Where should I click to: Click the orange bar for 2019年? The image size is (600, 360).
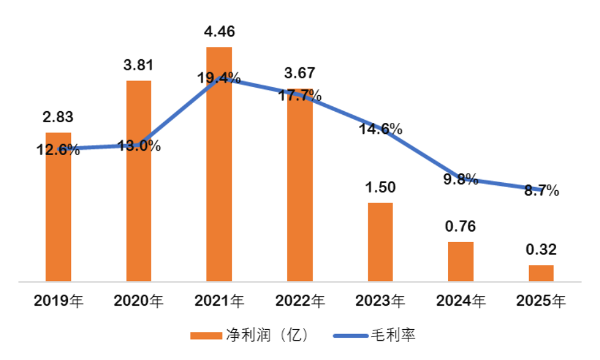[x=58, y=207]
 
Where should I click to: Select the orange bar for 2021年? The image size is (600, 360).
[x=219, y=164]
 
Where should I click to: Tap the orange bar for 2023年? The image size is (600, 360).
[x=380, y=242]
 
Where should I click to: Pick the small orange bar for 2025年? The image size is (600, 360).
[x=541, y=274]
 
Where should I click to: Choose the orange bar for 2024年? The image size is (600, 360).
[x=460, y=262]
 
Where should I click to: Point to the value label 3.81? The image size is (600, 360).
[x=138, y=65]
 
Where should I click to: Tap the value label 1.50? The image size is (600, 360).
[x=380, y=187]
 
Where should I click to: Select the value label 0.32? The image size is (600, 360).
[x=541, y=249]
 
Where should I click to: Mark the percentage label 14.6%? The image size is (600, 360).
[x=381, y=129]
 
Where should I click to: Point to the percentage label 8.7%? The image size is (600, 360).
[x=542, y=190]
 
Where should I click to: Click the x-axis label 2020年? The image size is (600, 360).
[x=138, y=301]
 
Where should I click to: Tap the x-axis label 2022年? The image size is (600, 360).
[x=300, y=301]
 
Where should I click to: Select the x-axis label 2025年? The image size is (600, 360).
[x=541, y=301]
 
